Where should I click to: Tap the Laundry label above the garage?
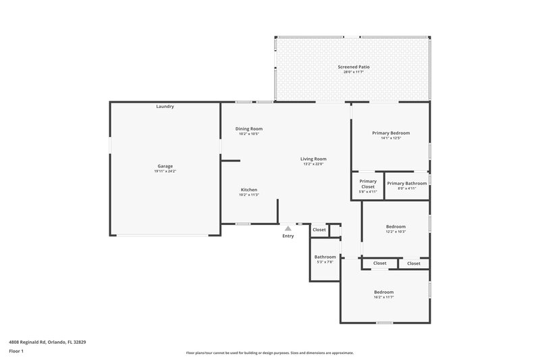165,107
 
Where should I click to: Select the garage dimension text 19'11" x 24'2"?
165,172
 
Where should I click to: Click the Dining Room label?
248,128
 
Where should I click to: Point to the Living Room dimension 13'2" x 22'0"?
313,164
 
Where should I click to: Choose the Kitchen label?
248,190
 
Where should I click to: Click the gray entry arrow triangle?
288,229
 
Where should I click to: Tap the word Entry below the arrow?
288,236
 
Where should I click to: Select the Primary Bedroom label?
391,133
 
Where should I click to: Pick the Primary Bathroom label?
406,183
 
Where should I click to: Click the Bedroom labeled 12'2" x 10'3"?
396,226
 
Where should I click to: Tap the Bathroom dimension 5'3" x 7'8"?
325,262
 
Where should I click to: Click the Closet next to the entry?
319,230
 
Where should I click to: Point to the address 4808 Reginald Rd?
47,342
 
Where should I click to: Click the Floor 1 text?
16,351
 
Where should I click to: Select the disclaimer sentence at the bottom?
269,353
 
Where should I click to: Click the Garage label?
165,166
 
